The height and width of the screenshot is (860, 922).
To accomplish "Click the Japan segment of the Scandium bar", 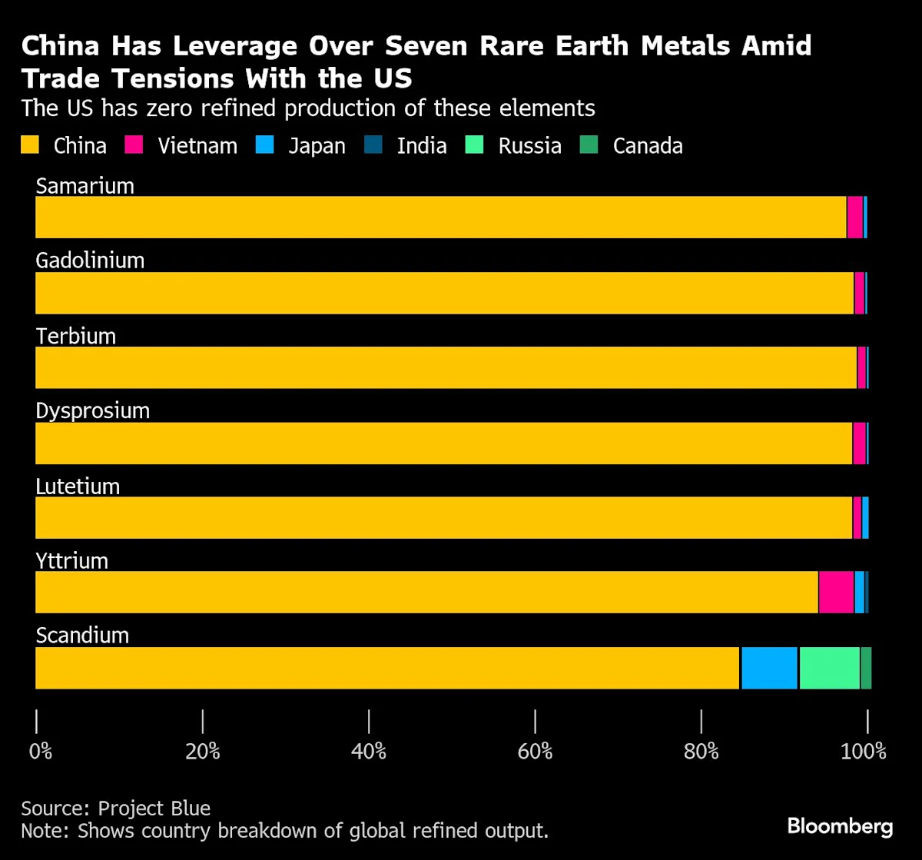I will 769,668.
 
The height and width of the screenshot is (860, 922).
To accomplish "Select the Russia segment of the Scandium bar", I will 829,668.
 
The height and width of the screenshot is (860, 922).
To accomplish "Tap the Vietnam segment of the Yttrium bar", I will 836,592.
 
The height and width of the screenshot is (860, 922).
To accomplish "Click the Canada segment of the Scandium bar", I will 866,668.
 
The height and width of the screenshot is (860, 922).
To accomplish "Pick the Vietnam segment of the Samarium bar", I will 854,217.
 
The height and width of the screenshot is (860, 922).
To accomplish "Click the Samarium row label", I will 85,186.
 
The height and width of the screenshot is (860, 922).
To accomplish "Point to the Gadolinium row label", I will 90,261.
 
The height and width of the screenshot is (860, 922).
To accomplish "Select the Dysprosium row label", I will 92,410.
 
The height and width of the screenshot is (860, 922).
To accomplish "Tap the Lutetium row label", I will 78,486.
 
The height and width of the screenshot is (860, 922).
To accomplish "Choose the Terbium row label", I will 75,336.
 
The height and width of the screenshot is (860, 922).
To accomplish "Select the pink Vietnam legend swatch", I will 135,145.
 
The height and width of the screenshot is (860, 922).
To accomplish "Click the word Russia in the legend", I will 529,146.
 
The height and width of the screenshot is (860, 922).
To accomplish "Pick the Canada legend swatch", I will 589,145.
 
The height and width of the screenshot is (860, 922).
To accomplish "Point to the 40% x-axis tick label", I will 369,751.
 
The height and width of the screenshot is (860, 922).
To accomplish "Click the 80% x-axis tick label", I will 701,751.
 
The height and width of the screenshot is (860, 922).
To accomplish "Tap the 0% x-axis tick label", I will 41,751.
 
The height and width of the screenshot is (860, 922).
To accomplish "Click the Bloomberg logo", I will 840,827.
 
